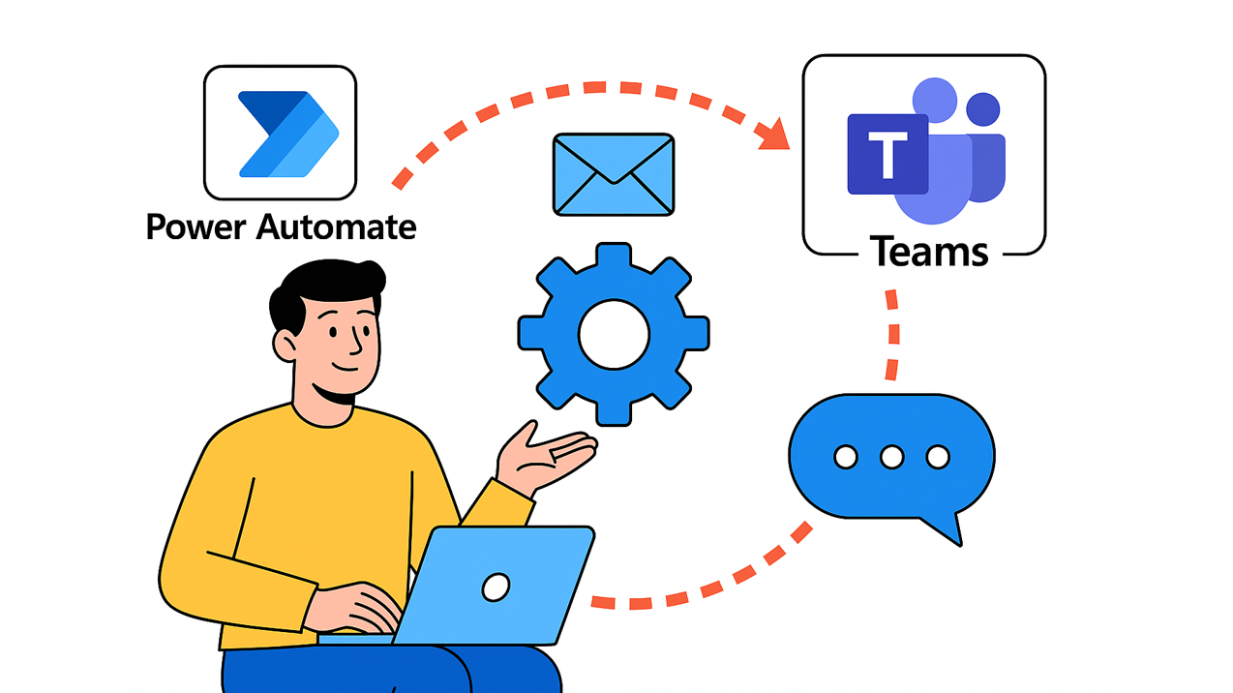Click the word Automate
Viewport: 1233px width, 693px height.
pos(338,227)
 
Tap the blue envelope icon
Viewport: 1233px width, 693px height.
pos(614,174)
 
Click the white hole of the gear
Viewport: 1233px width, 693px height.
pos(614,334)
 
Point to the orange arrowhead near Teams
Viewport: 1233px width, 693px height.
pos(774,136)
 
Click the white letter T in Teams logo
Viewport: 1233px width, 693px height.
pos(886,154)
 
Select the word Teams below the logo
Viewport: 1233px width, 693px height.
pos(929,253)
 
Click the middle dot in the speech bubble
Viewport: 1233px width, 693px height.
pos(891,457)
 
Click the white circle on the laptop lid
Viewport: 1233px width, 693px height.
pos(496,586)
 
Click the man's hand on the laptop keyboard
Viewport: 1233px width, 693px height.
pos(358,605)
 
